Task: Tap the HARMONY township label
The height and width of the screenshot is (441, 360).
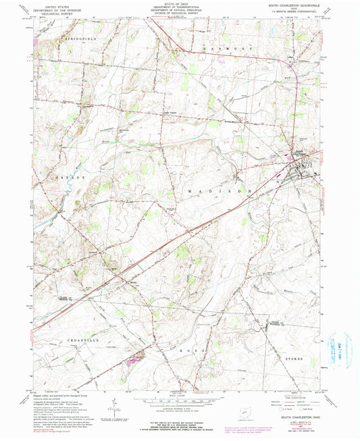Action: tap(217, 51)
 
